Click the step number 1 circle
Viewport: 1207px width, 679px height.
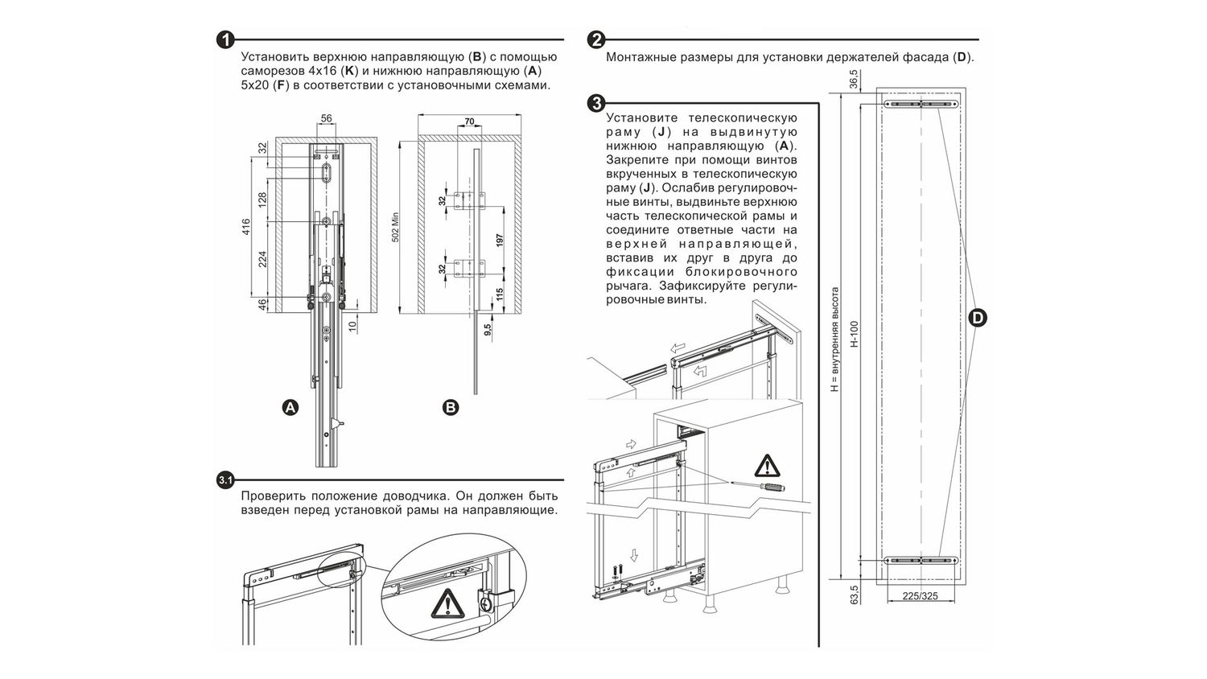click(x=225, y=39)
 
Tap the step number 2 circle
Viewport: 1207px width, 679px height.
click(x=596, y=39)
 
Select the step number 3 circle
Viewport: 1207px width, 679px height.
click(x=596, y=103)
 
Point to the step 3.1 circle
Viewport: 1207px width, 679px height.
click(x=225, y=480)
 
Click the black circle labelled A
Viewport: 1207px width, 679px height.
click(x=290, y=407)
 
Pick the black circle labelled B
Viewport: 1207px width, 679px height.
click(x=451, y=407)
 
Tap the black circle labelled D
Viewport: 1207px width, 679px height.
click(x=977, y=318)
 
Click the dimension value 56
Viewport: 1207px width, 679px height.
click(x=326, y=119)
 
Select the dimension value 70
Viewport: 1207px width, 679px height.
click(x=469, y=122)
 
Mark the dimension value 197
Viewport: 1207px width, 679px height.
click(x=500, y=240)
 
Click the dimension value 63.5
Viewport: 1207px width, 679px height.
click(x=854, y=595)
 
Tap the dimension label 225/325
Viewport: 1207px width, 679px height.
click(x=920, y=596)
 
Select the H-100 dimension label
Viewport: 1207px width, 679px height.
click(x=855, y=334)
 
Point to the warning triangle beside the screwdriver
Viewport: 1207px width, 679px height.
click(x=767, y=466)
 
